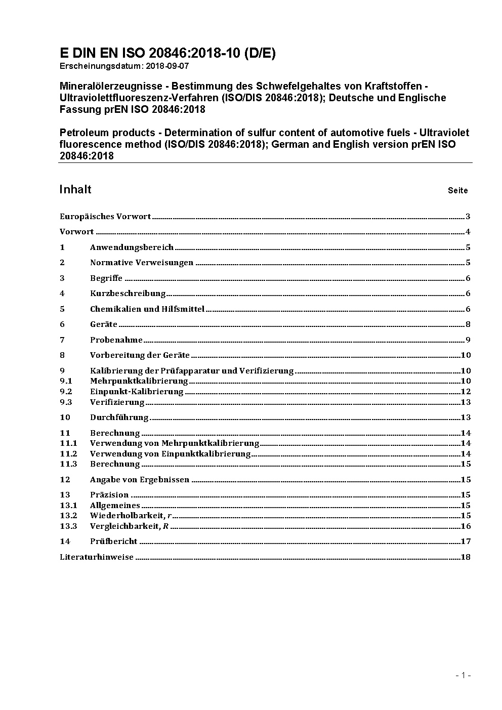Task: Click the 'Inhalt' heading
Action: tap(75, 189)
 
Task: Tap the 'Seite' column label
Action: tap(457, 191)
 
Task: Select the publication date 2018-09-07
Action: tap(168, 66)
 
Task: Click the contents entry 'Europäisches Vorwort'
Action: tap(105, 217)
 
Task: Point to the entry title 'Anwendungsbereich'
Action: tap(132, 247)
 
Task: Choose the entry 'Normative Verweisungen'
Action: tap(142, 263)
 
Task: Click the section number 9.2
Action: tap(66, 392)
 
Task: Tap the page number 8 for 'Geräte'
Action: tap(468, 324)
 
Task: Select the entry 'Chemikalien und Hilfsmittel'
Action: tap(147, 309)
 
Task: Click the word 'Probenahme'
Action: tap(116, 340)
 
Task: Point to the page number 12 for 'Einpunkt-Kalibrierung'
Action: tap(466, 392)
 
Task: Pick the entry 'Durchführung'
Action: tap(119, 417)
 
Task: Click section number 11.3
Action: tap(68, 464)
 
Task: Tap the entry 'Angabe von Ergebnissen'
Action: tap(140, 480)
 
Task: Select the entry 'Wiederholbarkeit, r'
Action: tap(131, 516)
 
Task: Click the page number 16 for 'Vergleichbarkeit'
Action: tap(466, 526)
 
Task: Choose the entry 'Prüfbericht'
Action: tap(114, 541)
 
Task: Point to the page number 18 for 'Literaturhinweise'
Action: tap(466, 557)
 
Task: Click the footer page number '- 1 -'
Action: tap(463, 675)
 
